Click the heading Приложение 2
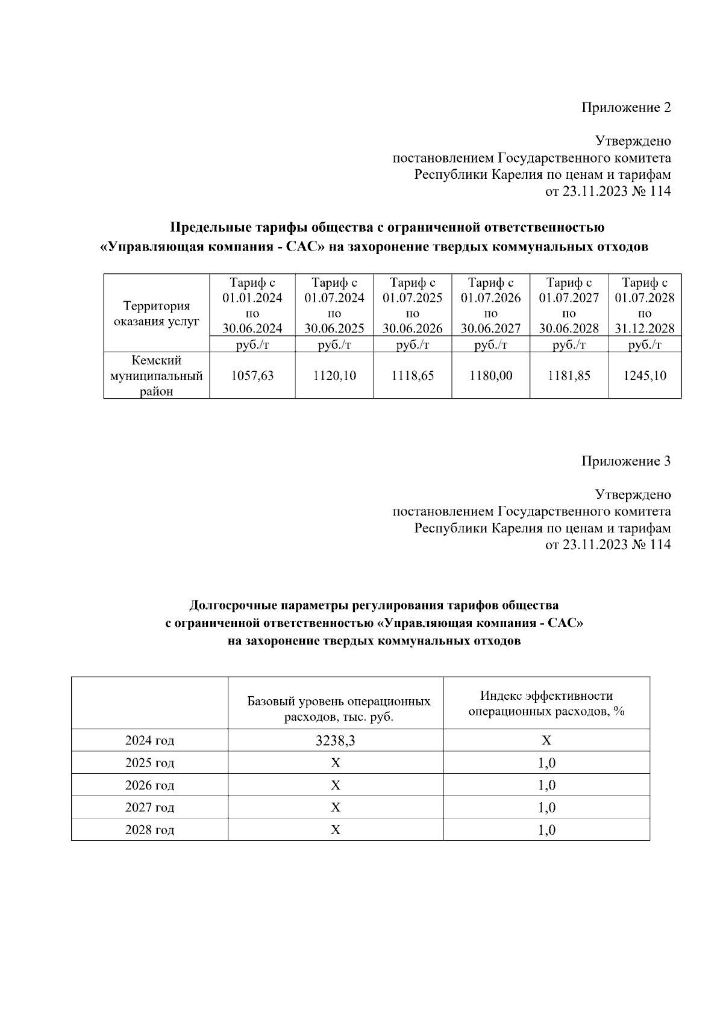point(625,108)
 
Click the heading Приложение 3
point(625,461)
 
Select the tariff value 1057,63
point(252,376)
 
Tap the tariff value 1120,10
point(334,376)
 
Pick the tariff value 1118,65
point(413,376)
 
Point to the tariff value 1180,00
point(491,376)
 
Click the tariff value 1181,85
point(569,376)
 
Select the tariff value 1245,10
point(645,376)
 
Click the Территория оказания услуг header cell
point(157,314)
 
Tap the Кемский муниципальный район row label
point(157,376)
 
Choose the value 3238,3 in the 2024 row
point(336,741)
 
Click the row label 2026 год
point(149,785)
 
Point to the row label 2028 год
point(149,830)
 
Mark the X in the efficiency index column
point(546,741)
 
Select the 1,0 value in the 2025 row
point(546,763)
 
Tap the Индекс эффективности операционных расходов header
point(546,703)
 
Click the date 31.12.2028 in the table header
point(645,329)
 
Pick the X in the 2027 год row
point(336,808)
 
